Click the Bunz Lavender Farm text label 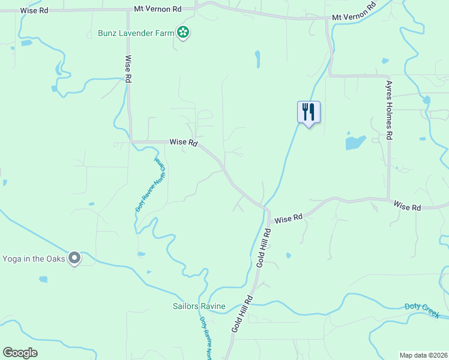tap(136, 32)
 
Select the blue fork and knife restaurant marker tap(309, 112)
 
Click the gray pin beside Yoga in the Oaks tap(74, 258)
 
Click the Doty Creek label tap(422, 310)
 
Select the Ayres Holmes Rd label tap(390, 110)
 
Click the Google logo tap(20, 353)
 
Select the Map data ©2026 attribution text tap(423, 355)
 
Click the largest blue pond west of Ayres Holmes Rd tap(355, 143)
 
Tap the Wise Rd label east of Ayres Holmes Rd tap(408, 206)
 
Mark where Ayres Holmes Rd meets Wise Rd tap(389, 200)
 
